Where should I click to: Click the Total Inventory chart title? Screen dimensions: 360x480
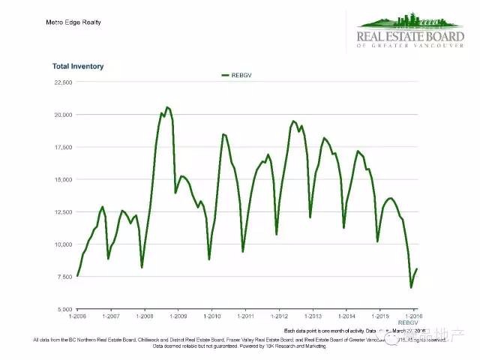click(x=78, y=67)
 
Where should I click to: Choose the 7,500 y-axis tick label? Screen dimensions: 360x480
click(x=63, y=277)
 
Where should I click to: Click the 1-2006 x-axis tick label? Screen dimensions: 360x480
click(x=78, y=316)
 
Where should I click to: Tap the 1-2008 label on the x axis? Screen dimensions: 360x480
click(x=144, y=316)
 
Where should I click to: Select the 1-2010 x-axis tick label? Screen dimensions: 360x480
click(x=211, y=316)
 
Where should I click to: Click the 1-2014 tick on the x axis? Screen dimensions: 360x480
click(x=345, y=316)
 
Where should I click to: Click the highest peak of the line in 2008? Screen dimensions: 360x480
click(x=166, y=107)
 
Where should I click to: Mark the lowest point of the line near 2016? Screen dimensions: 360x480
click(x=410, y=287)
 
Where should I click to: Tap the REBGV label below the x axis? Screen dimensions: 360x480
click(x=407, y=323)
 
